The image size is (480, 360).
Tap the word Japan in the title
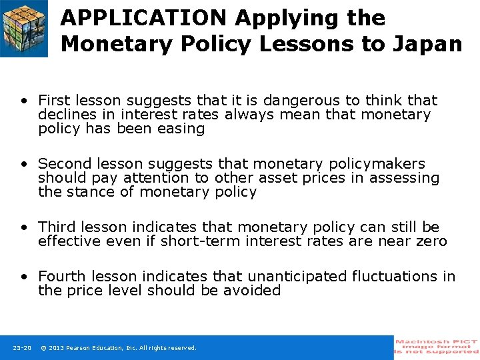432,44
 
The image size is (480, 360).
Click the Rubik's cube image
24,28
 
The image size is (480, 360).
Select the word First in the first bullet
55,101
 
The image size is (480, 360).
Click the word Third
57,227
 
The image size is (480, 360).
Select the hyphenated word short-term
202,241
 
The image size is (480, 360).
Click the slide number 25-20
21,348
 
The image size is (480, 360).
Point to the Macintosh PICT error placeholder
437,347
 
